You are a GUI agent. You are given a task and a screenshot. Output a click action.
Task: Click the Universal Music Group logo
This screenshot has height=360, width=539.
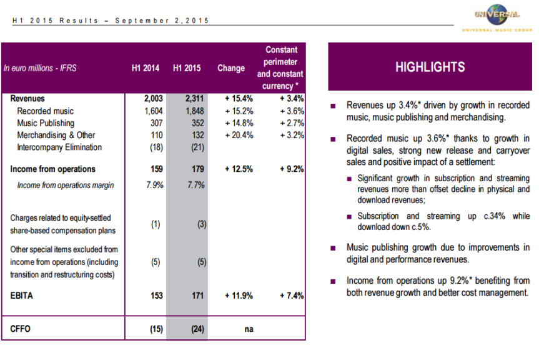pyautogui.click(x=496, y=17)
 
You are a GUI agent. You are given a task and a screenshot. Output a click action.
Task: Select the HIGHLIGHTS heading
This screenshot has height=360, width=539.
pyautogui.click(x=430, y=67)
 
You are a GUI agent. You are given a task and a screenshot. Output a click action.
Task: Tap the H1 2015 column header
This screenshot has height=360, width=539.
pyautogui.click(x=187, y=68)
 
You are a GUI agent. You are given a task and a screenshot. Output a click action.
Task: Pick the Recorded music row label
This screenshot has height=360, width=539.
pyautogui.click(x=45, y=111)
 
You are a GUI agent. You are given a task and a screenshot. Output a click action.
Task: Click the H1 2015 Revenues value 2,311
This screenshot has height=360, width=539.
pyautogui.click(x=194, y=99)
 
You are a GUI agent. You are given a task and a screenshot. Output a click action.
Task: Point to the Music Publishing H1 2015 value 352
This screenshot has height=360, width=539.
pyautogui.click(x=199, y=123)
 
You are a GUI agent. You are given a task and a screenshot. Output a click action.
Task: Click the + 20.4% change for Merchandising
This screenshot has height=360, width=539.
pyautogui.click(x=239, y=135)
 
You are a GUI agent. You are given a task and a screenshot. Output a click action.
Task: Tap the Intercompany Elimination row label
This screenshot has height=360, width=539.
pyautogui.click(x=59, y=147)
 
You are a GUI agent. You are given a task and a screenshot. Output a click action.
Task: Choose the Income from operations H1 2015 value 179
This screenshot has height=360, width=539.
pyautogui.click(x=198, y=169)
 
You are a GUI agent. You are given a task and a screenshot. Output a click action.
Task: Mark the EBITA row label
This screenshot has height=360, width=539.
pyautogui.click(x=22, y=296)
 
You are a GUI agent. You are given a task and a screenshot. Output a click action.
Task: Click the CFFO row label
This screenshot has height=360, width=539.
pyautogui.click(x=21, y=329)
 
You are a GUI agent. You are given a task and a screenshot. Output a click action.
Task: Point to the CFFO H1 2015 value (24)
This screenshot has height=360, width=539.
pyautogui.click(x=198, y=329)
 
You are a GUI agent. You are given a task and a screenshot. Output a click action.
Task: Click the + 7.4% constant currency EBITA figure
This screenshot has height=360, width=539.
pyautogui.click(x=291, y=296)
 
